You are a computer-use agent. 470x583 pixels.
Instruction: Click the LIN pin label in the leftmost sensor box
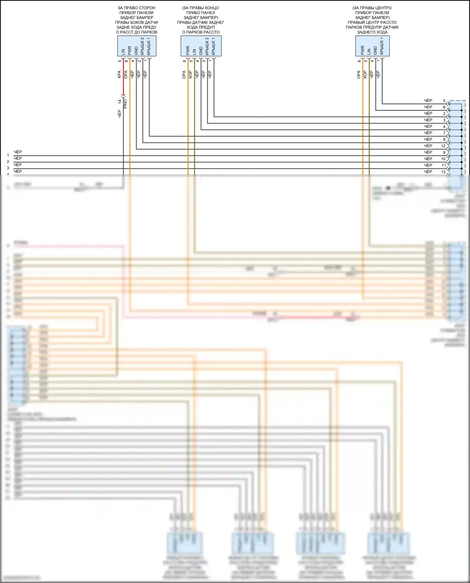(x=123, y=52)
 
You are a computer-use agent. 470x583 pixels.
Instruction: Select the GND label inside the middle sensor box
(x=201, y=51)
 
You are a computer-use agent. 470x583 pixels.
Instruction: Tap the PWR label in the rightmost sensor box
(x=363, y=50)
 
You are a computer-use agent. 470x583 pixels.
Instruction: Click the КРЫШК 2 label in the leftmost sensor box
(x=143, y=46)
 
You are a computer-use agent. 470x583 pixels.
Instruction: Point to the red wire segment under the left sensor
(x=123, y=86)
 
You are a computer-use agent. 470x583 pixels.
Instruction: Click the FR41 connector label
(x=126, y=104)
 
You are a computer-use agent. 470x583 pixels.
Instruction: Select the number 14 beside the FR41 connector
(x=119, y=102)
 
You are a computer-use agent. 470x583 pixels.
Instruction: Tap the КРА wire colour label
(x=119, y=75)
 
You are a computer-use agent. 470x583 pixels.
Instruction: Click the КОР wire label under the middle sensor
(x=190, y=75)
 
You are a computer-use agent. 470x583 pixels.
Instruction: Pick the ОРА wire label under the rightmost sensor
(x=358, y=75)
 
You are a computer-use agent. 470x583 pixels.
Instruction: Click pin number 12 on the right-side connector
(x=443, y=146)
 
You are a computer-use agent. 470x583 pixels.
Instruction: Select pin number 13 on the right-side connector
(x=443, y=172)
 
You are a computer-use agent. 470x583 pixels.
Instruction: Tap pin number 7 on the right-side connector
(x=444, y=133)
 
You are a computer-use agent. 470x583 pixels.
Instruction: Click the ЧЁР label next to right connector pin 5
(x=428, y=101)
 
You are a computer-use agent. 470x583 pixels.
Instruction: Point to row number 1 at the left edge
(x=8, y=155)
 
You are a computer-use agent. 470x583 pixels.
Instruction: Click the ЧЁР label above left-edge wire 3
(x=18, y=165)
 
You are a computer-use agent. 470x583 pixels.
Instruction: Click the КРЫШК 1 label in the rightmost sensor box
(x=382, y=46)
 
